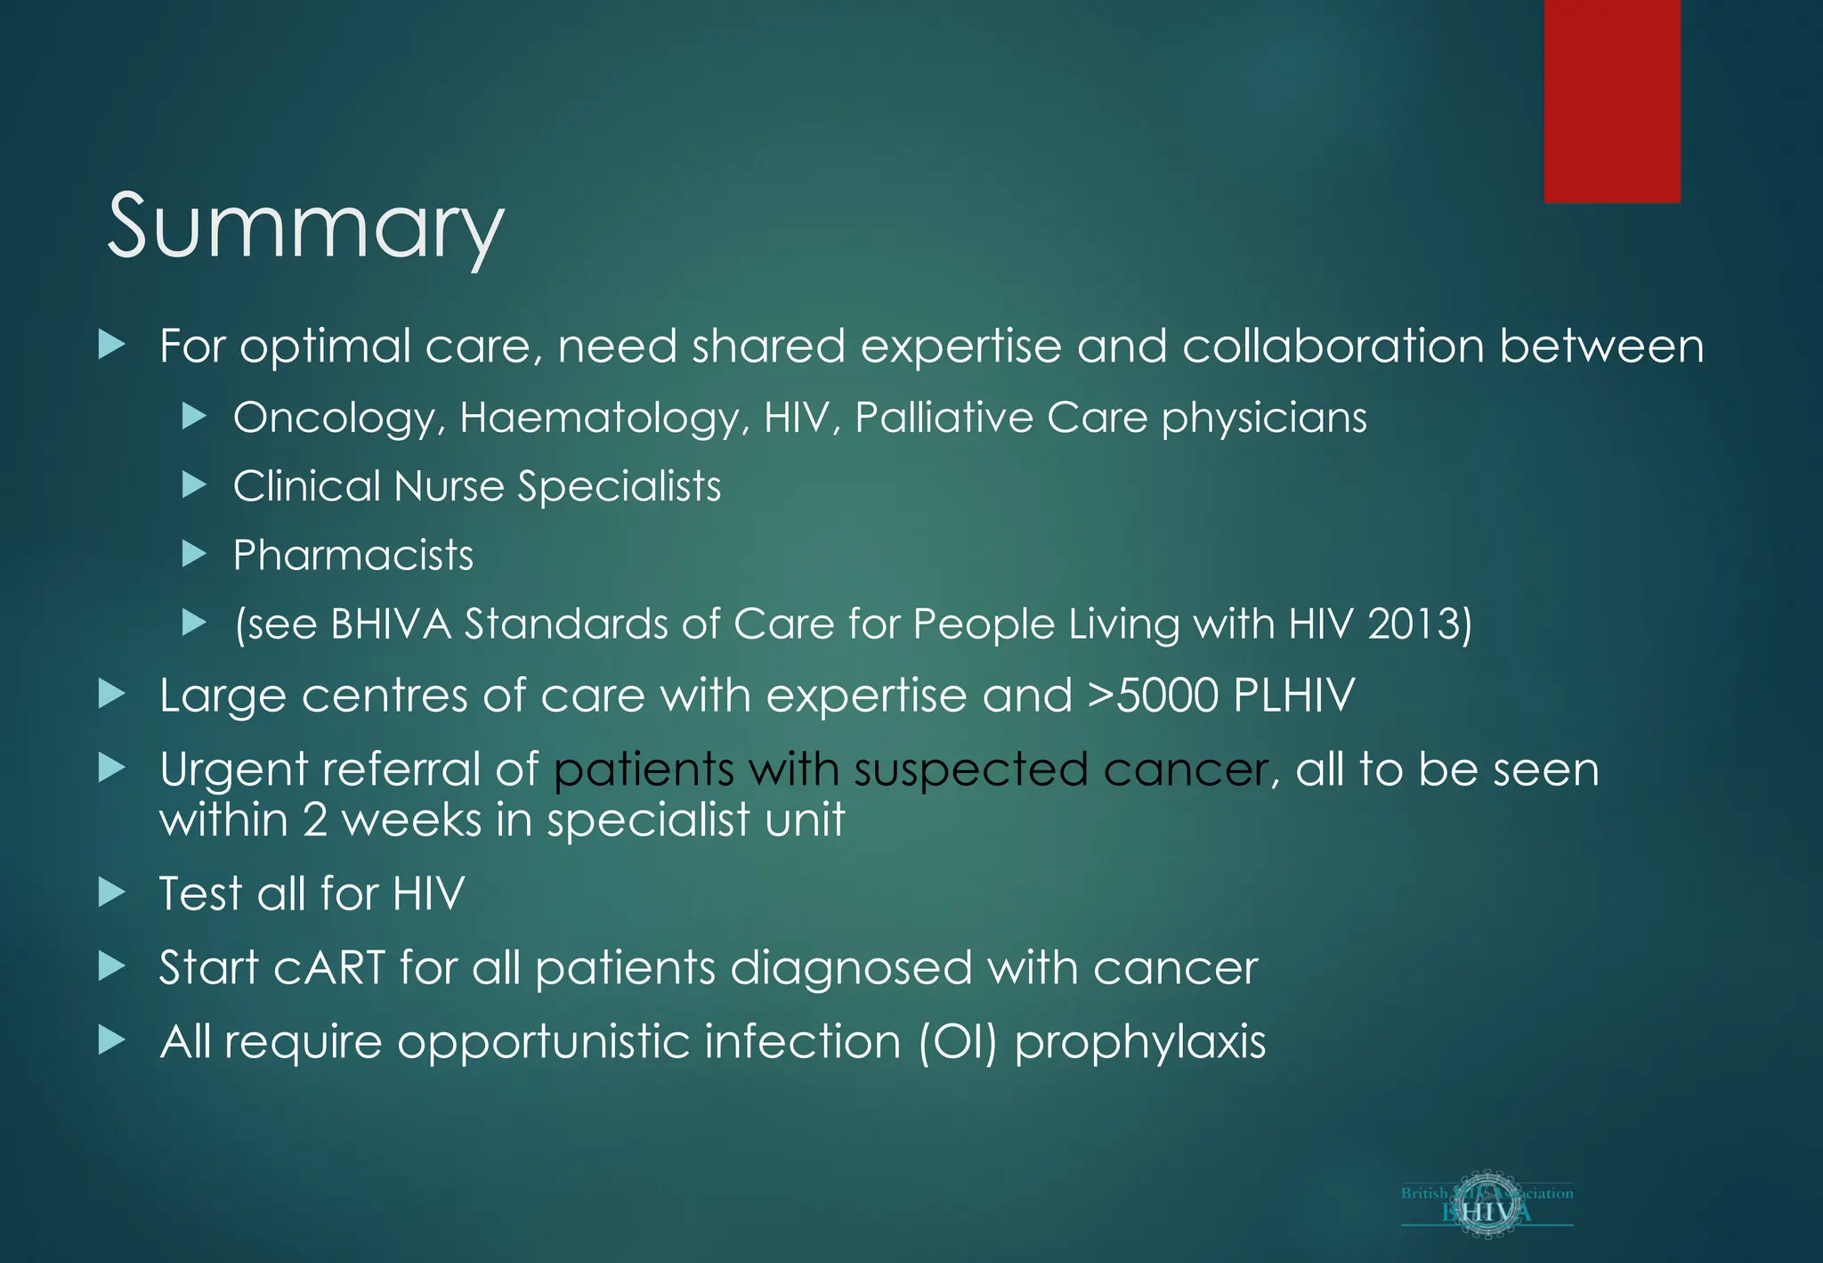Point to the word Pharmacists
[x=352, y=556]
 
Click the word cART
[x=330, y=968]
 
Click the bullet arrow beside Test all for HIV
[x=112, y=892]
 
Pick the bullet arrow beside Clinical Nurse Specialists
[x=194, y=485]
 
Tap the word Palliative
[x=944, y=419]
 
